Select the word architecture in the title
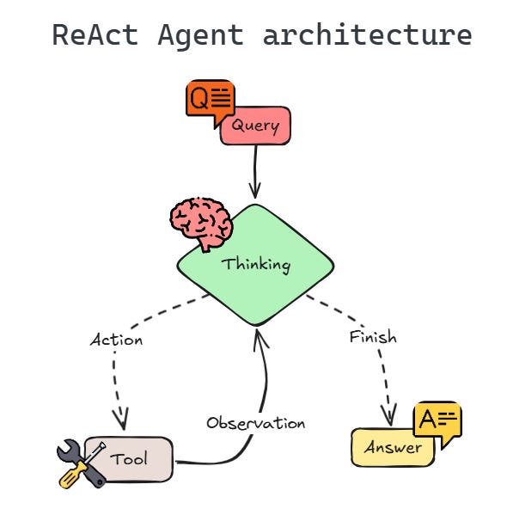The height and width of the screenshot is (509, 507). click(367, 35)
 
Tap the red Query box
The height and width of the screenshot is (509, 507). click(255, 126)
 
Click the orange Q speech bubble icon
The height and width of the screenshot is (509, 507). click(209, 99)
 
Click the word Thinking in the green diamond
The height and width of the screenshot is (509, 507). click(256, 264)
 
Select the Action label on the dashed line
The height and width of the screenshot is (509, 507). click(117, 340)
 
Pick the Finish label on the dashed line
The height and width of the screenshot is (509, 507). click(373, 337)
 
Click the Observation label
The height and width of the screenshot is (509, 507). click(255, 423)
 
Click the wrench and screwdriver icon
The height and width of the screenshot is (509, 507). click(81, 463)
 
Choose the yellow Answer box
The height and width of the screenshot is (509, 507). click(393, 447)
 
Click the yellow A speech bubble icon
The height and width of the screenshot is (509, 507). click(437, 422)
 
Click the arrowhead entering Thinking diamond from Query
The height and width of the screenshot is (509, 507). click(254, 192)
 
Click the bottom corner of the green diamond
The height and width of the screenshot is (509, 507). click(256, 324)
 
